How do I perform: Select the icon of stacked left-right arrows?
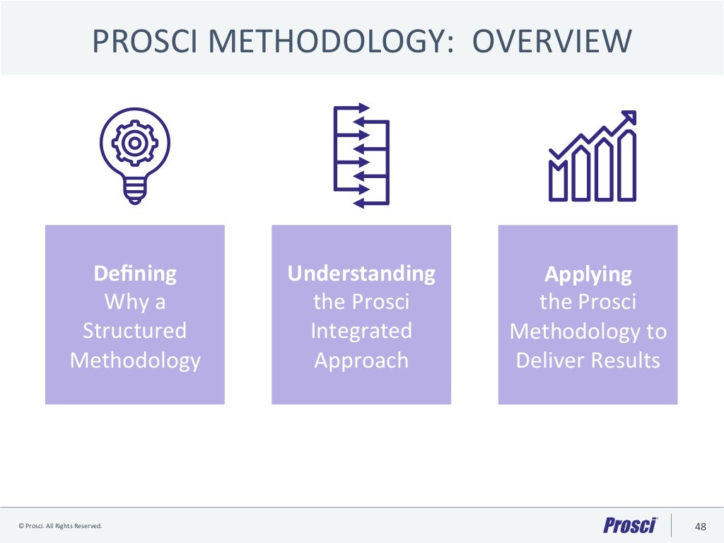[361, 156]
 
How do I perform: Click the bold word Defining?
[135, 273]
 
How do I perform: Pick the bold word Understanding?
[361, 273]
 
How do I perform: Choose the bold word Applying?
[588, 274]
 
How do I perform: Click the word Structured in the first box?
[135, 331]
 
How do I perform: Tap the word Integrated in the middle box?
[361, 331]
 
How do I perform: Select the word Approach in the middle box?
[361, 361]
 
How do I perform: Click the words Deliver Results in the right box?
[588, 361]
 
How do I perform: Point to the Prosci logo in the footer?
[630, 525]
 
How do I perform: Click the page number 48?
[701, 526]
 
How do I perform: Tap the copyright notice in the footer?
[61, 526]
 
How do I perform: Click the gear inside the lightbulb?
[134, 143]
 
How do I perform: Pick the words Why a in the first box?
[135, 302]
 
